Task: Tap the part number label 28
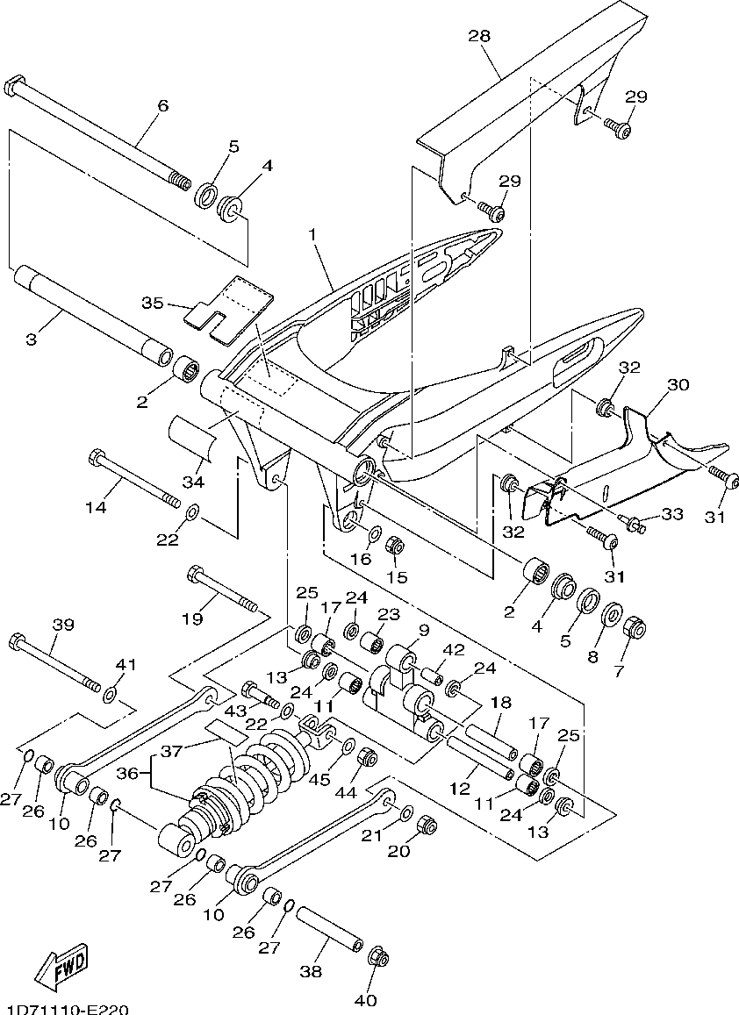pos(480,36)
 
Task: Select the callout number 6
pos(163,105)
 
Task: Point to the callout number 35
pos(154,303)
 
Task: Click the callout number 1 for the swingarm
pos(312,234)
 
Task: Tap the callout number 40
pos(367,1000)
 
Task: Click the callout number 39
pos(63,625)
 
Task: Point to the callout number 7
pos(618,672)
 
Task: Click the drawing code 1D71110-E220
pos(65,1009)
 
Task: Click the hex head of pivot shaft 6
pos(14,86)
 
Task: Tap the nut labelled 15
pos(394,546)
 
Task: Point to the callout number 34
pos(192,482)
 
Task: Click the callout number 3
pos(32,340)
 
